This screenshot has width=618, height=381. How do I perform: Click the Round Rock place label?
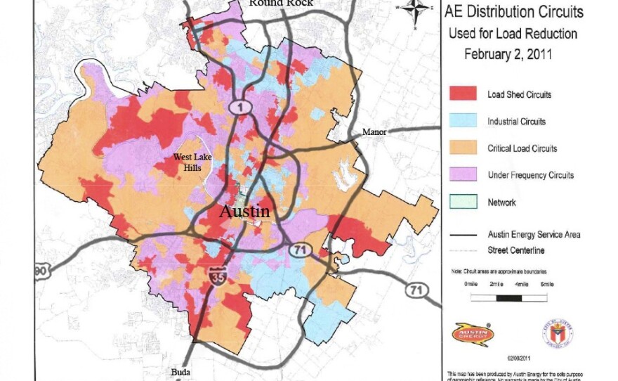281,4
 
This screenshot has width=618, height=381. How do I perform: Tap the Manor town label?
374,132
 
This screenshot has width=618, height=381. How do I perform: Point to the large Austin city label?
244,211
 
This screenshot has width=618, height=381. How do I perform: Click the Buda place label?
180,372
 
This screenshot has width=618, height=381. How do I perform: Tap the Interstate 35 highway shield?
216,276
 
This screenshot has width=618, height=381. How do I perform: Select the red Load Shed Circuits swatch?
461,94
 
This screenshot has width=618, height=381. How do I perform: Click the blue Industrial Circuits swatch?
461,122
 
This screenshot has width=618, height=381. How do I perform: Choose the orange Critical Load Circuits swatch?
461,148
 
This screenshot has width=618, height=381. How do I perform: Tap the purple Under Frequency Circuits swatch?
461,175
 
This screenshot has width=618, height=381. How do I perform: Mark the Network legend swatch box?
461,202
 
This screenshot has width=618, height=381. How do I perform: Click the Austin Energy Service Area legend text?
534,235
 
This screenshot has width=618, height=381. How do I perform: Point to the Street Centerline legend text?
516,250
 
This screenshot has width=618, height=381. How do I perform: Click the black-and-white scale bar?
508,297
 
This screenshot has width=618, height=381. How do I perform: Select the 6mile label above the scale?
546,284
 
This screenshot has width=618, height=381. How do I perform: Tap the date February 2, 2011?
508,53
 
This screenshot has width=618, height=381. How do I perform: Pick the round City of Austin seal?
561,332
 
